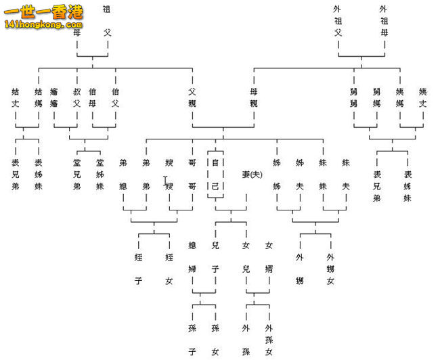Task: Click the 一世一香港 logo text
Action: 44,12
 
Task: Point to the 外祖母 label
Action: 384,20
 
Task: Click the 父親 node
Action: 192,97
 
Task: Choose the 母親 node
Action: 254,97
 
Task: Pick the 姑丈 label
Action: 15,97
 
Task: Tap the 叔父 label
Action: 76,97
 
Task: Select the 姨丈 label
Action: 422,97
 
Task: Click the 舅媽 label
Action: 376,97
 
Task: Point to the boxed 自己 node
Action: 215,175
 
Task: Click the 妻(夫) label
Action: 251,175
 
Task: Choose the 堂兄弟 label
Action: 76,174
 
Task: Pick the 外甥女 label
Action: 330,269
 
